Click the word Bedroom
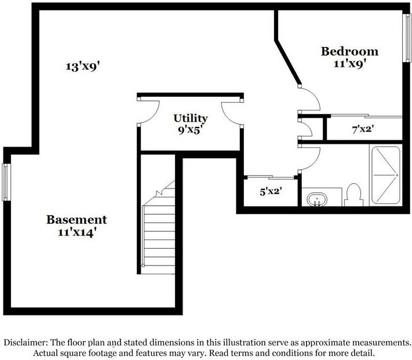(x=350, y=51)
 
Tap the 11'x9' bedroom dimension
(x=350, y=64)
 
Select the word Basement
(x=76, y=220)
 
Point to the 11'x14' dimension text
(x=76, y=232)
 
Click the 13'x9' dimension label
(x=83, y=66)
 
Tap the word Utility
(x=191, y=118)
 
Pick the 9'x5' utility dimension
(x=191, y=130)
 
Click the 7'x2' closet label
(x=363, y=129)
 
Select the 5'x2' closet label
(x=271, y=191)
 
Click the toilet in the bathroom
(x=353, y=195)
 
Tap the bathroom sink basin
(x=317, y=199)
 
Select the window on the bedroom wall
(x=407, y=38)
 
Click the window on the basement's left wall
(x=6, y=182)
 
